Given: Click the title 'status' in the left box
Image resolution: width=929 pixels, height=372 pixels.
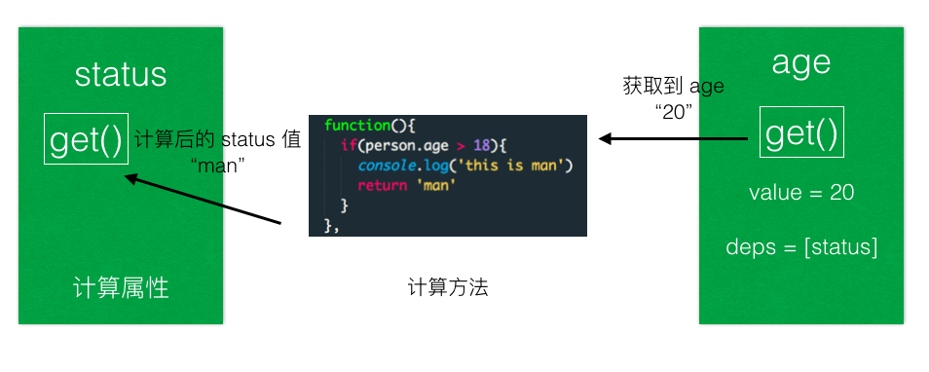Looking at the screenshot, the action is click(120, 75).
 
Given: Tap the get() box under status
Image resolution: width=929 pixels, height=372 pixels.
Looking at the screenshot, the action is click(87, 140).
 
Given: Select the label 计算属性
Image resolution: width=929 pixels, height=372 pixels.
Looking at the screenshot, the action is click(121, 288).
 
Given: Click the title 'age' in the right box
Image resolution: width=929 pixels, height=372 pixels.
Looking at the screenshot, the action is click(800, 62).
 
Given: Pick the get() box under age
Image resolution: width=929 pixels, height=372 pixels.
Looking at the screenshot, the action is click(801, 133).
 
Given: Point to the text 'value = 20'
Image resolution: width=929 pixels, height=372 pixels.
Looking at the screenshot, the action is click(801, 193).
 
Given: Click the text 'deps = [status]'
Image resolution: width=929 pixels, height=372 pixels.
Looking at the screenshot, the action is click(801, 247).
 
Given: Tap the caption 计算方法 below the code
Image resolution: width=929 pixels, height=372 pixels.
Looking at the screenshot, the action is click(448, 288).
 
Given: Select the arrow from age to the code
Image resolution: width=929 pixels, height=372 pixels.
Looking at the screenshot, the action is click(672, 139).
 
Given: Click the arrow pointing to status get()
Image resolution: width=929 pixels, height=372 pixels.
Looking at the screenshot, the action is click(204, 201).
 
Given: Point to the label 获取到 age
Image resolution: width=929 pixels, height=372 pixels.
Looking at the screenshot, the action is click(673, 86).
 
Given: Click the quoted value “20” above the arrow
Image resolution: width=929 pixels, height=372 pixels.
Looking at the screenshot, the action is click(674, 111).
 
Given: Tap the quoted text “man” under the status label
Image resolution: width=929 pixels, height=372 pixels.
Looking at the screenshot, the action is click(219, 165).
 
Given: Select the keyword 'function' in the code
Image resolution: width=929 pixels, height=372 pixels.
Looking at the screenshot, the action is click(356, 126).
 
